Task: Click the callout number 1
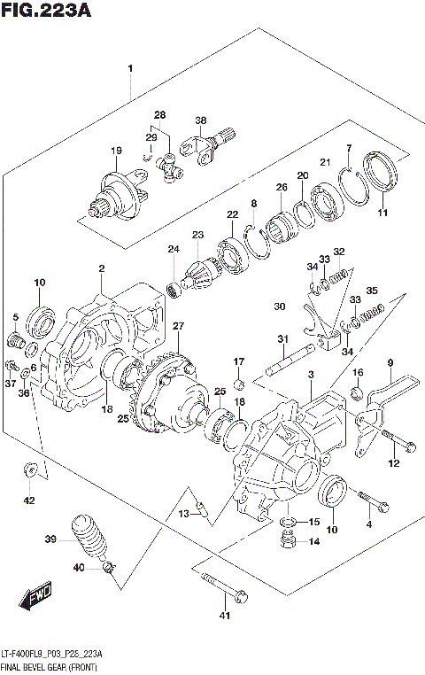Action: pyautogui.click(x=129, y=68)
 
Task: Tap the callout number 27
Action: pyautogui.click(x=177, y=327)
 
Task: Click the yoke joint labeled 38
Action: pyautogui.click(x=209, y=143)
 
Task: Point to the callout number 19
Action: pyautogui.click(x=115, y=151)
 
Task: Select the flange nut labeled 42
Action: pyautogui.click(x=29, y=472)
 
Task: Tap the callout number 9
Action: pyautogui.click(x=390, y=361)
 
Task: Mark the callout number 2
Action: pyautogui.click(x=102, y=268)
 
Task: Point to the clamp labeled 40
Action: pyautogui.click(x=108, y=568)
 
